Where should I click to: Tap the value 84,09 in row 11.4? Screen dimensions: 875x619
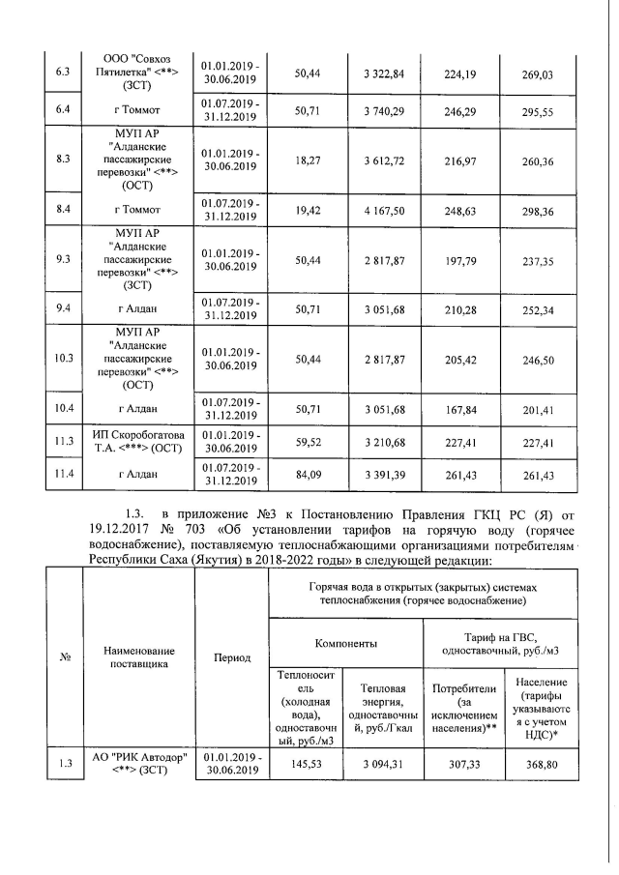pos(308,474)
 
